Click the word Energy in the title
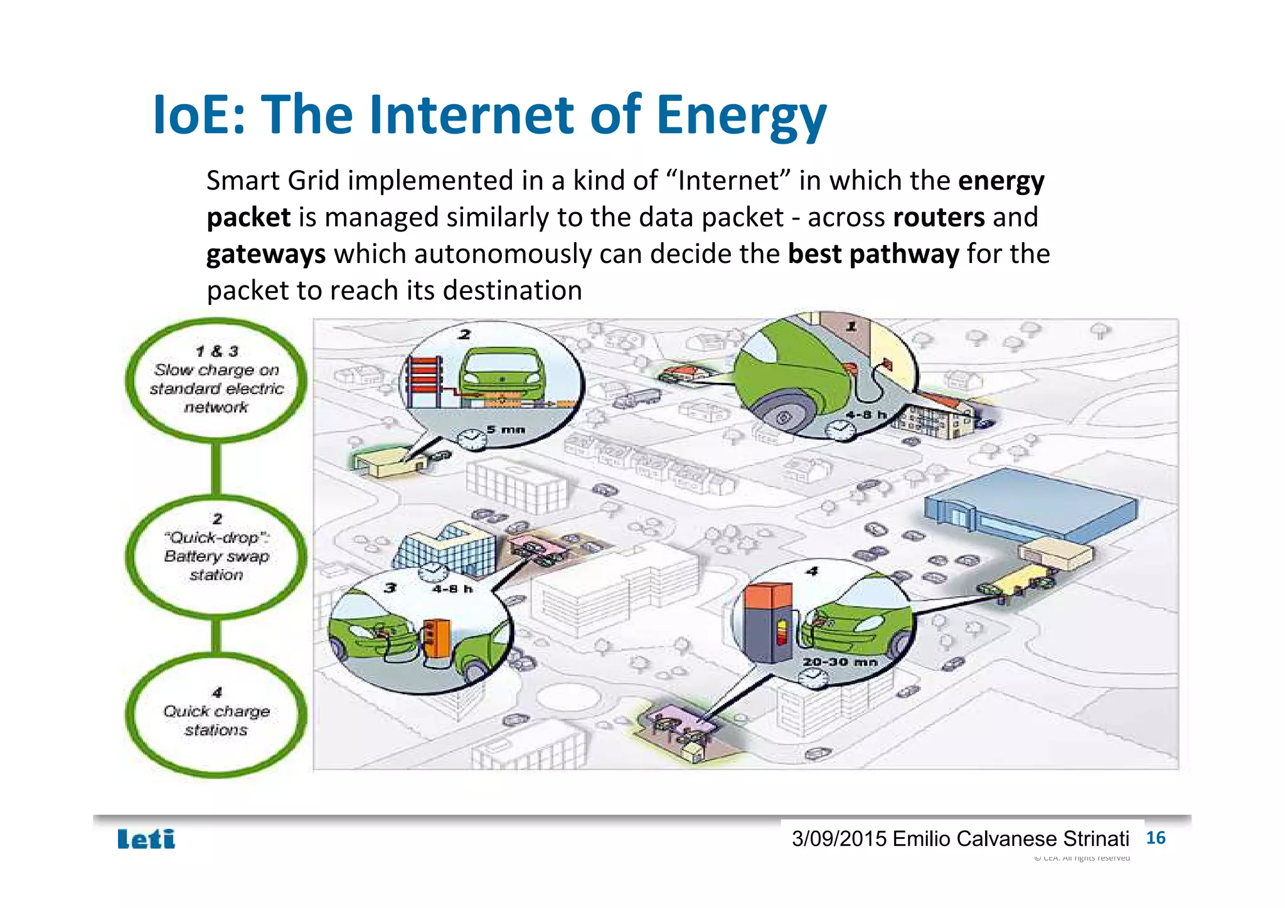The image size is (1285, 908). click(741, 116)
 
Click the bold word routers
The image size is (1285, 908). click(939, 217)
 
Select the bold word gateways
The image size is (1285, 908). click(266, 254)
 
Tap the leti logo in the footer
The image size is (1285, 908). click(146, 839)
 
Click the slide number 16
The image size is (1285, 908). click(1155, 838)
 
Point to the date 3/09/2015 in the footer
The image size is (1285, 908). click(839, 839)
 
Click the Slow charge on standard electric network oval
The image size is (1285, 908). click(216, 380)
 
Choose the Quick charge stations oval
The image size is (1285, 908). click(216, 715)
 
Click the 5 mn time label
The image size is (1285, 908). click(506, 430)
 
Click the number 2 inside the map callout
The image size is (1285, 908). click(464, 334)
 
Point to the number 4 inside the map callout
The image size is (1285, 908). click(813, 571)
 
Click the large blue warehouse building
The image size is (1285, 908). click(1029, 508)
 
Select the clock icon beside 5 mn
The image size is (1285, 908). click(471, 438)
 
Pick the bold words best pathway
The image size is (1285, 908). click(873, 254)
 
